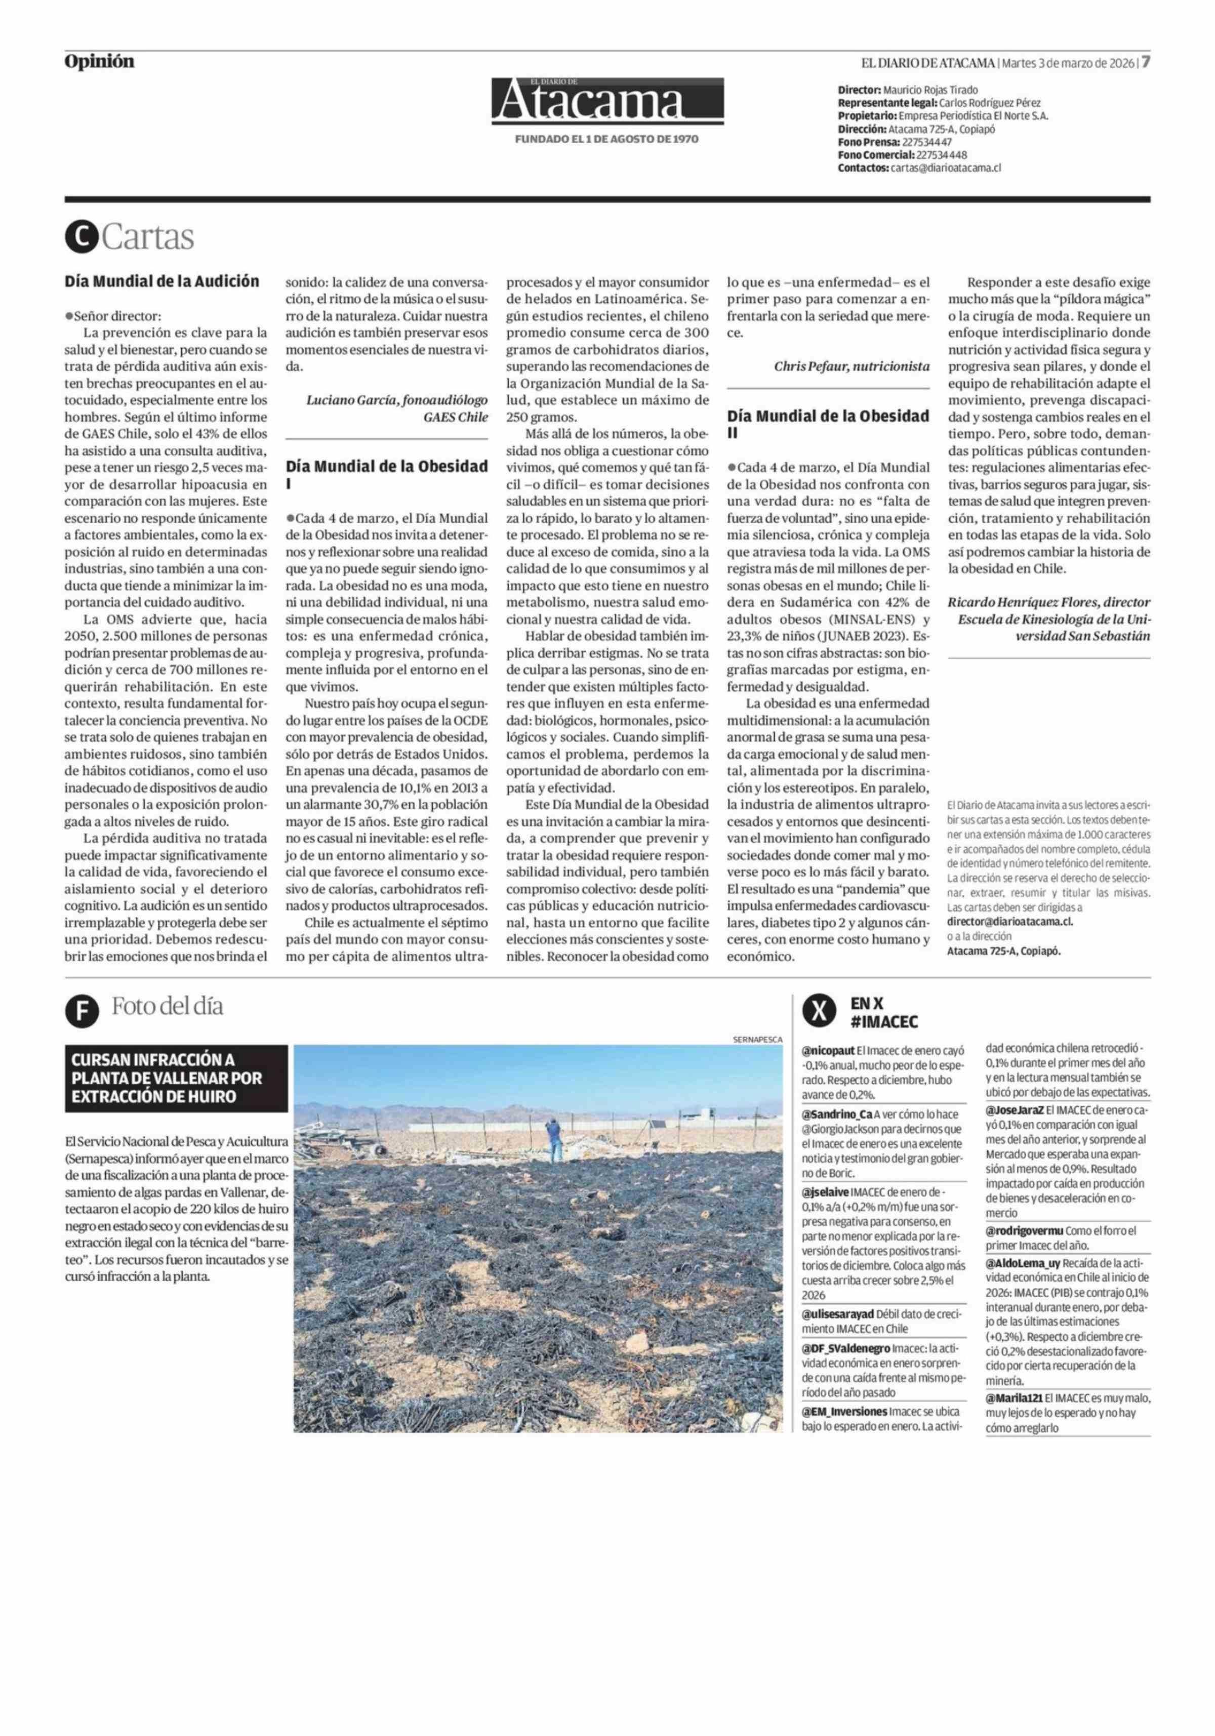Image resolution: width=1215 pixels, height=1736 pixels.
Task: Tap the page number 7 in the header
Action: click(x=1146, y=62)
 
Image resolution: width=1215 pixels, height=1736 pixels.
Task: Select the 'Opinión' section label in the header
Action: click(x=99, y=62)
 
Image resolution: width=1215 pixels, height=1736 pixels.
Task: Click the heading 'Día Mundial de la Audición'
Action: click(x=162, y=282)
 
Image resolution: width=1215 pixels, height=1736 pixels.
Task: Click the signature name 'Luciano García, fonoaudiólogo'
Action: click(x=396, y=400)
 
